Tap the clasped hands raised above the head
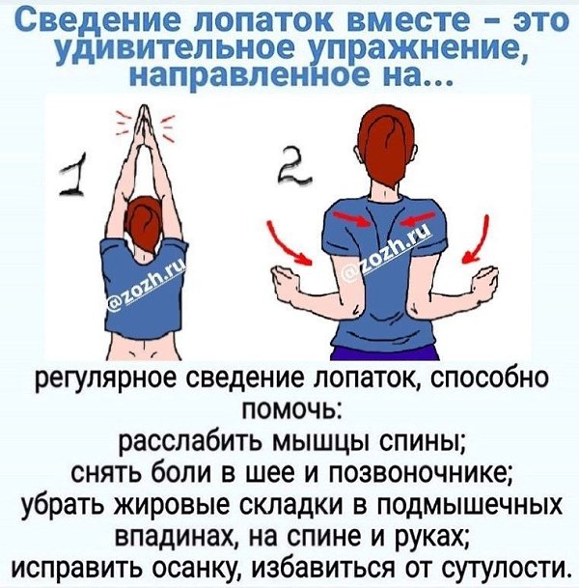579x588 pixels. click(145, 130)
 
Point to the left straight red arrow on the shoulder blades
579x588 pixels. click(351, 219)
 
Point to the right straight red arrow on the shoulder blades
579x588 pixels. click(418, 218)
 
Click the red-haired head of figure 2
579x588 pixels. click(387, 150)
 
